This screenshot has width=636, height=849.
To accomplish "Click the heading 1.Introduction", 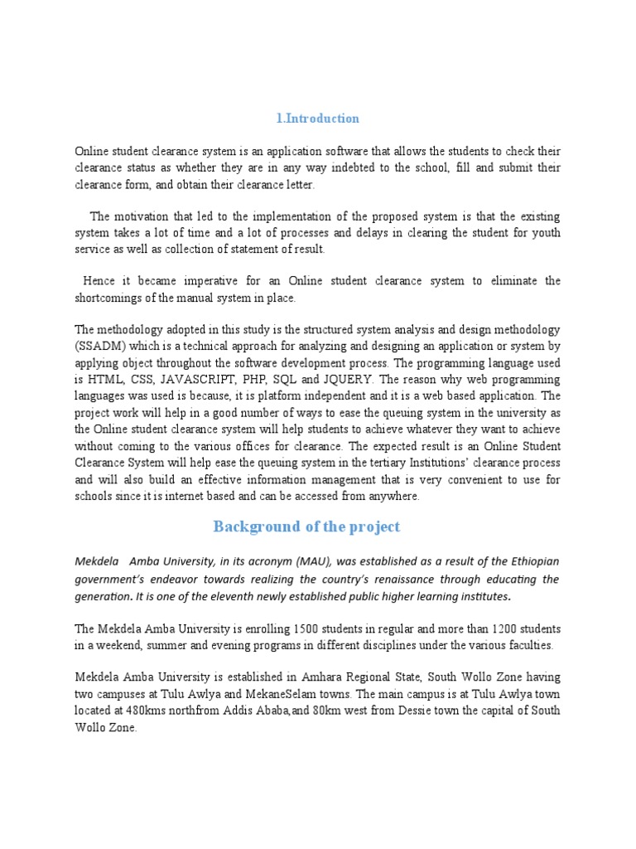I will point(318,119).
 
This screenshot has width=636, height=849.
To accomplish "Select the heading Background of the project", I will point(306,526).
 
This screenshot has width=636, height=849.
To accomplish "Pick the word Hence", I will point(99,281).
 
